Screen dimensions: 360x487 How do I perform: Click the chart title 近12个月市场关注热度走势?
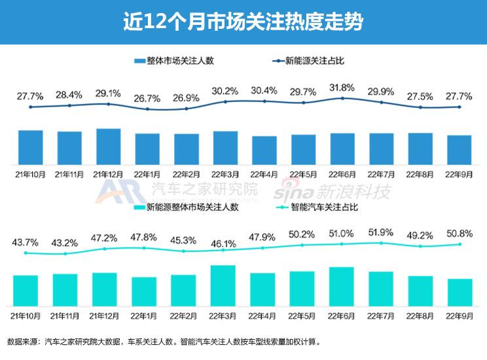243,22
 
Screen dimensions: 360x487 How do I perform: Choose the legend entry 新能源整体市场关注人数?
192,207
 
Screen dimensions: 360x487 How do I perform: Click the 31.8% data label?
342,88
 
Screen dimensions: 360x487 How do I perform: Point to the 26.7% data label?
147,99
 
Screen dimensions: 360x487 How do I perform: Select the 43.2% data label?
69,242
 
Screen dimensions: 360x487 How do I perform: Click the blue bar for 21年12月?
109,146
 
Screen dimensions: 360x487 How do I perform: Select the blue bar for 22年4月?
264,150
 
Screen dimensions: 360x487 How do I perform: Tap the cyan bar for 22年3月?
223,285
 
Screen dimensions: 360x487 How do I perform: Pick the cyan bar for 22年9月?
460,292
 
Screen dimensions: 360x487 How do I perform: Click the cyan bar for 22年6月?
342,286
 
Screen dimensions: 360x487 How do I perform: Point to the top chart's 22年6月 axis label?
342,174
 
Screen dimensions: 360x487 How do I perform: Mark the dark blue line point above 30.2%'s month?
225,101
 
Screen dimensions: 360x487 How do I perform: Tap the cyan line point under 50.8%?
460,244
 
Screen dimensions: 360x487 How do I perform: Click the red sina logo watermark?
290,192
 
